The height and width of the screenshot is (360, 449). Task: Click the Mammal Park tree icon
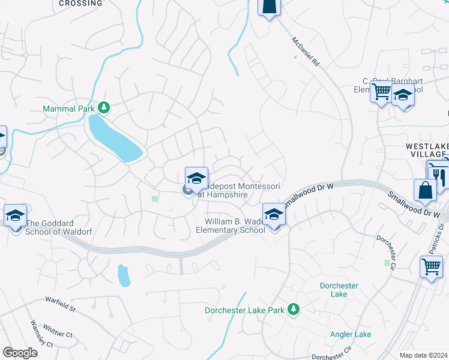click(x=104, y=107)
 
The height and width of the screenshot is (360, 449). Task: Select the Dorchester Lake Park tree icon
click(x=294, y=309)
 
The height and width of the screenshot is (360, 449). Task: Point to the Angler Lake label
click(x=351, y=334)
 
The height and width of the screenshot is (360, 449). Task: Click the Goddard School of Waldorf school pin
click(x=15, y=215)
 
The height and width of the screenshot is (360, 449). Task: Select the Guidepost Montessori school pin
click(x=196, y=178)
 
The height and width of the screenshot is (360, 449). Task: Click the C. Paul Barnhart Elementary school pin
click(x=403, y=96)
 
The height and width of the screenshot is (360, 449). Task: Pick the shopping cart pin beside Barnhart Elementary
click(x=381, y=92)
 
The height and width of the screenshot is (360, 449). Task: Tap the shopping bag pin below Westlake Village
click(x=425, y=190)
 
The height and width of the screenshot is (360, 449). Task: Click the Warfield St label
click(x=60, y=304)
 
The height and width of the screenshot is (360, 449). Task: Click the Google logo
click(x=20, y=353)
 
